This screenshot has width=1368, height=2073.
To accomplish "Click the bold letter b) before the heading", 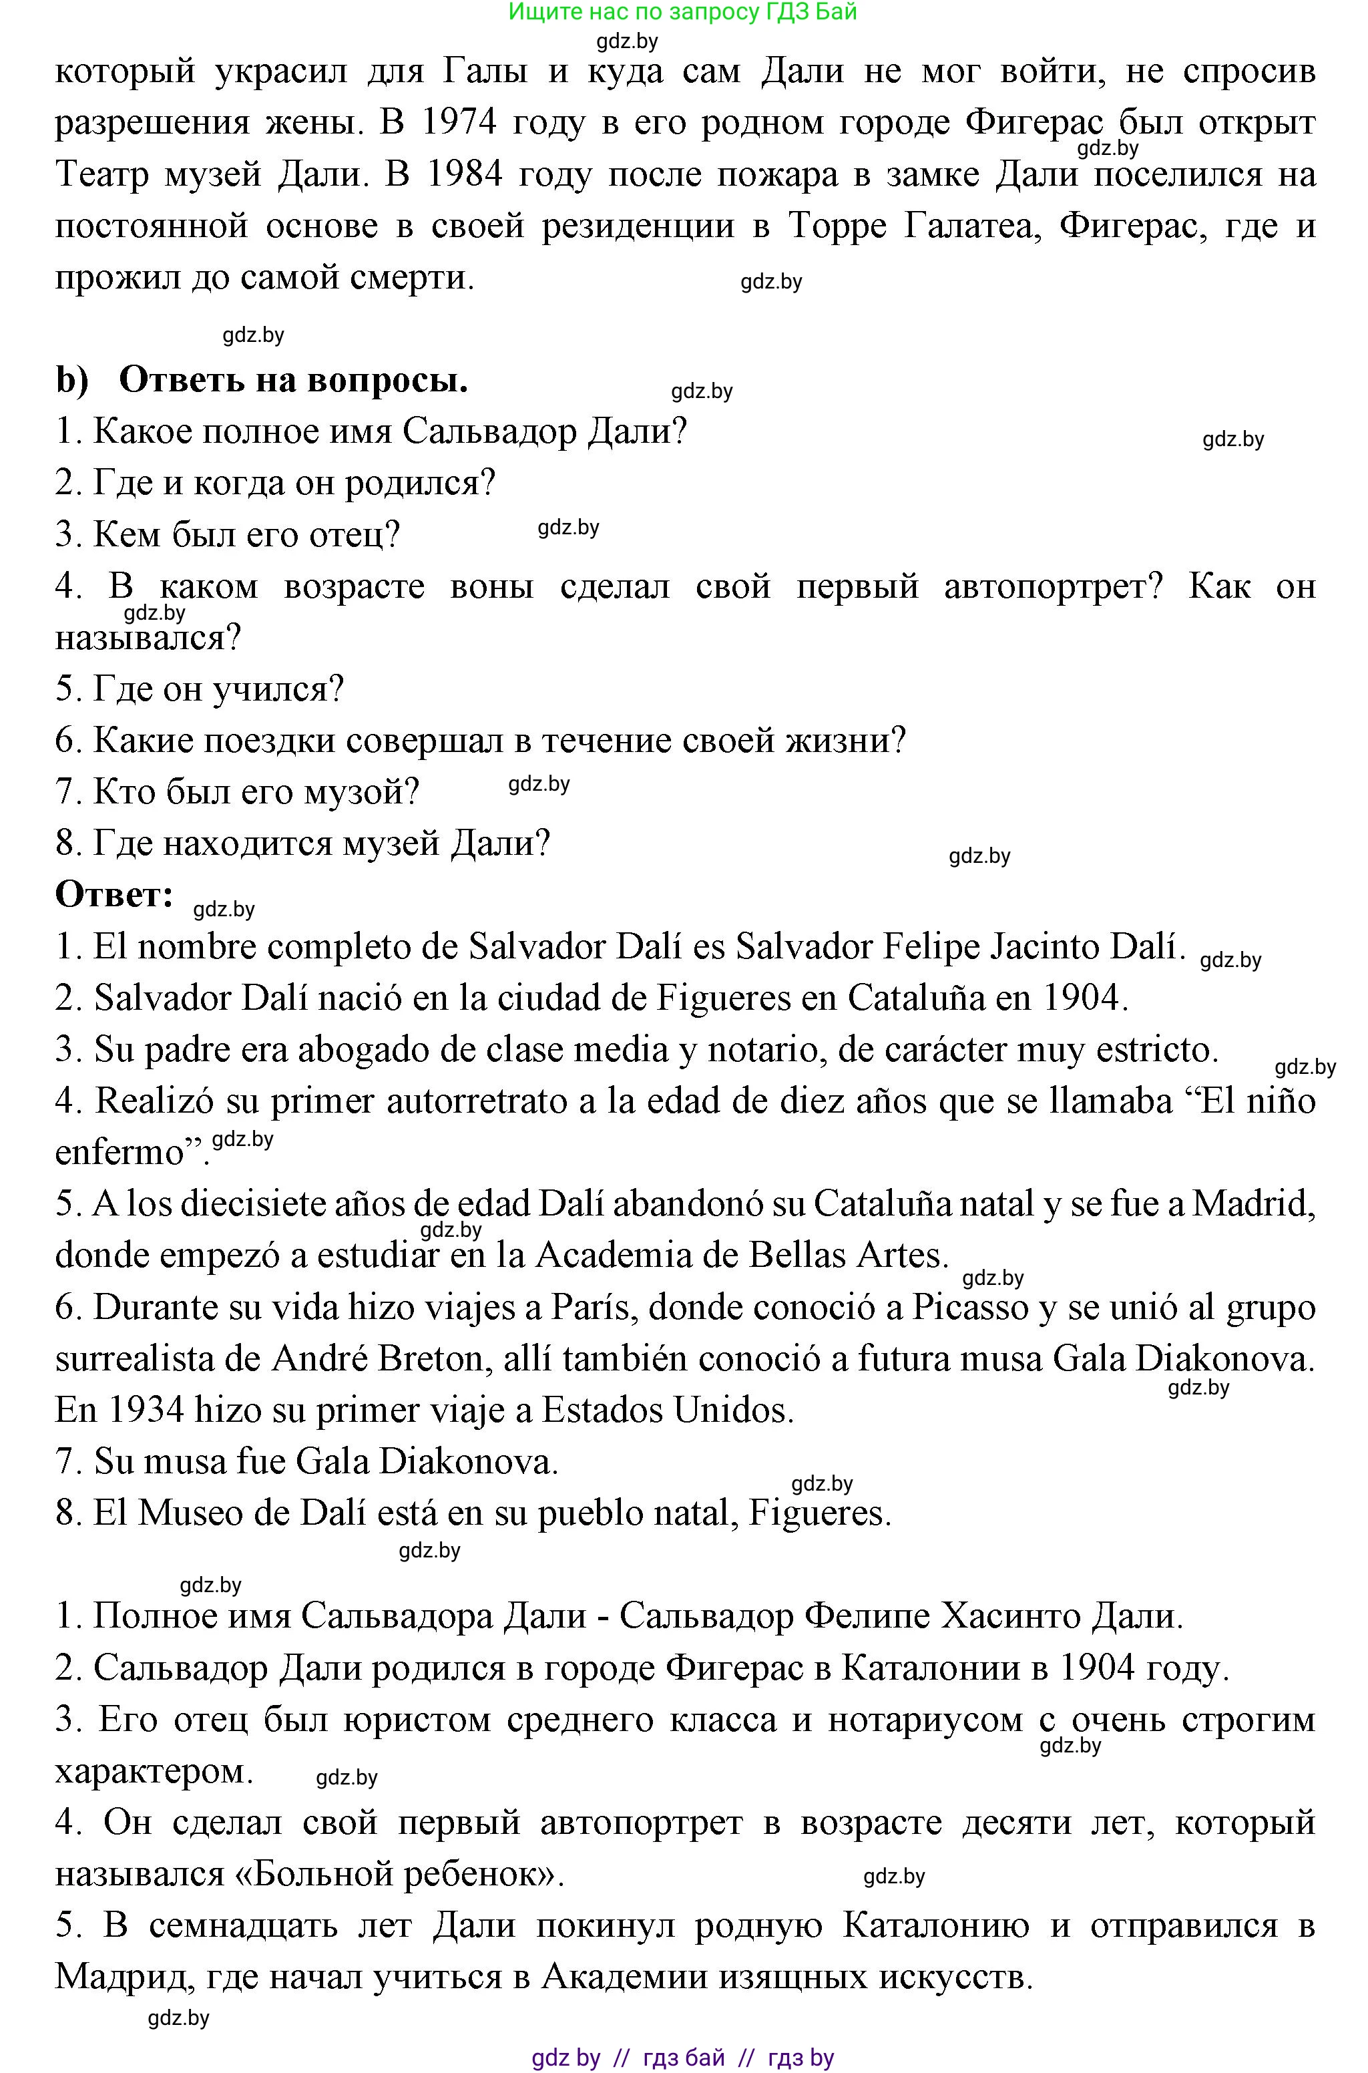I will click(x=71, y=381).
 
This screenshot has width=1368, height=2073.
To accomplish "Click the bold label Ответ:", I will click(x=114, y=894).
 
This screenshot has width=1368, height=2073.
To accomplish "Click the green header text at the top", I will click(x=682, y=11).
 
